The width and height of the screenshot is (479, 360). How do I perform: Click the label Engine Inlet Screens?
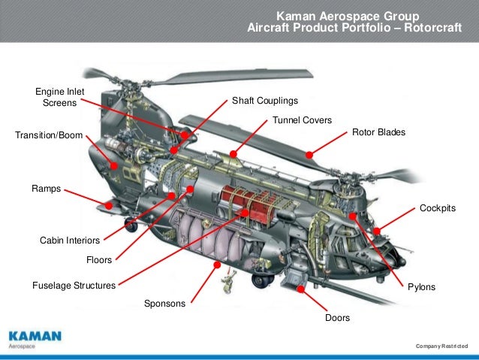pyautogui.click(x=60, y=97)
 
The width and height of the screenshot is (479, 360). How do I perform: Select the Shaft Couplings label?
pyautogui.click(x=264, y=101)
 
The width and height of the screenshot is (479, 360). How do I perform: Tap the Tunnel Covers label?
pyautogui.click(x=302, y=119)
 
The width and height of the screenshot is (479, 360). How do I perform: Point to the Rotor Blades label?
pyautogui.click(x=378, y=132)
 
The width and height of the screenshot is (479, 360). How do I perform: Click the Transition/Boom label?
pyautogui.click(x=47, y=136)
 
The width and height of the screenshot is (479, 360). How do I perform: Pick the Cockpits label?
pyautogui.click(x=437, y=207)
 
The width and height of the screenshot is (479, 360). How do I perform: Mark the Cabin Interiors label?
pyautogui.click(x=69, y=241)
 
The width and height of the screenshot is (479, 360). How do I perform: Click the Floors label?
pyautogui.click(x=99, y=260)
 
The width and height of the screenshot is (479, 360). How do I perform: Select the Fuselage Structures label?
pyautogui.click(x=74, y=286)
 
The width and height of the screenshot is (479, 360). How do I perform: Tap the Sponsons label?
pyautogui.click(x=165, y=304)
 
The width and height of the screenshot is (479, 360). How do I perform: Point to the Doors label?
pyautogui.click(x=337, y=319)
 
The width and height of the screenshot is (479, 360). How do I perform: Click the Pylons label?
pyautogui.click(x=421, y=287)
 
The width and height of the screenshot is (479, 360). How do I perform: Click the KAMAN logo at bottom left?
pyautogui.click(x=35, y=335)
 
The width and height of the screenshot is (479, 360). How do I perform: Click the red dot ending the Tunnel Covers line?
pyautogui.click(x=233, y=154)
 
